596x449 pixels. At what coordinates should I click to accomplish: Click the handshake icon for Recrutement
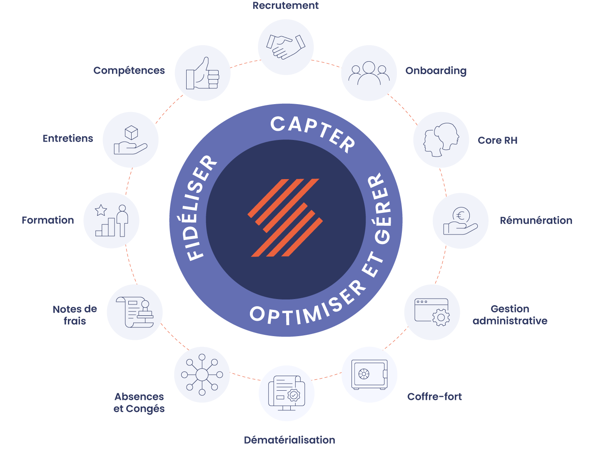pyautogui.click(x=286, y=47)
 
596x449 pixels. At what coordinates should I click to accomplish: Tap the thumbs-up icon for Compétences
pyautogui.click(x=202, y=73)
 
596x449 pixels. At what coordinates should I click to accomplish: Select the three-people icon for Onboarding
pyautogui.click(x=369, y=73)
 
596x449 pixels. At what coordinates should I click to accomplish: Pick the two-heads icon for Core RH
pyautogui.click(x=441, y=140)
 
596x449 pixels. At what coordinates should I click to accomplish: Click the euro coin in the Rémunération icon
pyautogui.click(x=461, y=215)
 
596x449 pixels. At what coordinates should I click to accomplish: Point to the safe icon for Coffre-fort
pyautogui.click(x=369, y=374)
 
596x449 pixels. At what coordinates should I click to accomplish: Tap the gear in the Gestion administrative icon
pyautogui.click(x=441, y=318)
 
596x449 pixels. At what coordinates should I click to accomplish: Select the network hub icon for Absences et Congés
pyautogui.click(x=202, y=374)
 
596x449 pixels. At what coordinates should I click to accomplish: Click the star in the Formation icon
pyautogui.click(x=101, y=210)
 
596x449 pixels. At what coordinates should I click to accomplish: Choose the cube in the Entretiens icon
pyautogui.click(x=131, y=133)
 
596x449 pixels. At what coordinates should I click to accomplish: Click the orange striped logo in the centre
pyautogui.click(x=286, y=217)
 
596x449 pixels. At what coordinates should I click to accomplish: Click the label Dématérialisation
pyautogui.click(x=289, y=440)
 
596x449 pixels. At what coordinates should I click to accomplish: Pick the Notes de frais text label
pyautogui.click(x=75, y=315)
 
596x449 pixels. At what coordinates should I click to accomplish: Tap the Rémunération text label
pyautogui.click(x=536, y=220)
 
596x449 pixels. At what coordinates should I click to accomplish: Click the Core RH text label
pyautogui.click(x=498, y=140)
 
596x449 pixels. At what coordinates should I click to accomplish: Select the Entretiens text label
pyautogui.click(x=68, y=138)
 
